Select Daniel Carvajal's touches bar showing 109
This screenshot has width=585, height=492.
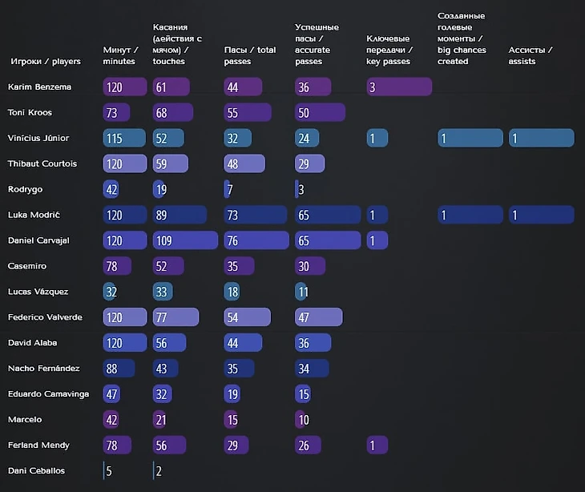coord(185,240)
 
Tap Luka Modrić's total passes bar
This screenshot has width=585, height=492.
coord(255,215)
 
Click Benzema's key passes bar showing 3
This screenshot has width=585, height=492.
coord(399,87)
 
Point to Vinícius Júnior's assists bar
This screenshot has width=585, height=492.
coord(541,138)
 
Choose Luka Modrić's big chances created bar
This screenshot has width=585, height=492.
coord(470,215)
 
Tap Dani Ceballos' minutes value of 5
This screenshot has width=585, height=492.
coord(108,470)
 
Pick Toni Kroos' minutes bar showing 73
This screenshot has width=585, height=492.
coord(118,112)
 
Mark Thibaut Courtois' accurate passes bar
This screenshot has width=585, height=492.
coord(309,163)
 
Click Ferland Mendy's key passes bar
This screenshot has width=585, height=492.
coord(377,445)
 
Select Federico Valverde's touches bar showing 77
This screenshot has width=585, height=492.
coord(175,317)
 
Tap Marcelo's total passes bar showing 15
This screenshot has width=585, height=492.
coord(232,419)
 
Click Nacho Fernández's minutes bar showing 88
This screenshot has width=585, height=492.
coord(119,369)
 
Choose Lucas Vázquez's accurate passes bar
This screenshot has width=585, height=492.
coord(302,292)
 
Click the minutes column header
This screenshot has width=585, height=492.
coord(119,55)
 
